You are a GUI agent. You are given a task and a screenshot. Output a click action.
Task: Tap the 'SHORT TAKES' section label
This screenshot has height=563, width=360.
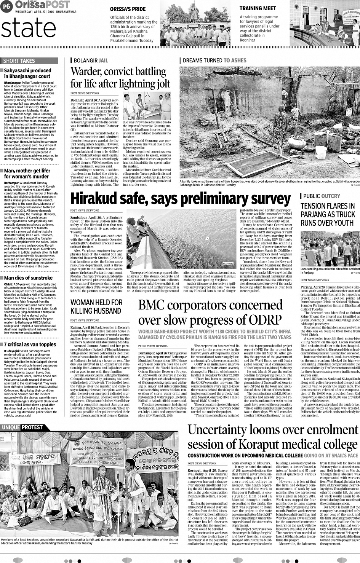19,61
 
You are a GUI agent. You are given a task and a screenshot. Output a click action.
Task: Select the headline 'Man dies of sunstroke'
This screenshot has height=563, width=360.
28,278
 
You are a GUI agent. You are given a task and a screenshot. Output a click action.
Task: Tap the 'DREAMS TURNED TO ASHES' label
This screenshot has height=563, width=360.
214,61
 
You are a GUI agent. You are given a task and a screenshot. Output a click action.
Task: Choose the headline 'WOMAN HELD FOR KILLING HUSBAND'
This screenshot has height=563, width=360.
96,307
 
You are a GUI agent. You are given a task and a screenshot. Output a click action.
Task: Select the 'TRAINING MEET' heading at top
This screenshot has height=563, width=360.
258,8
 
